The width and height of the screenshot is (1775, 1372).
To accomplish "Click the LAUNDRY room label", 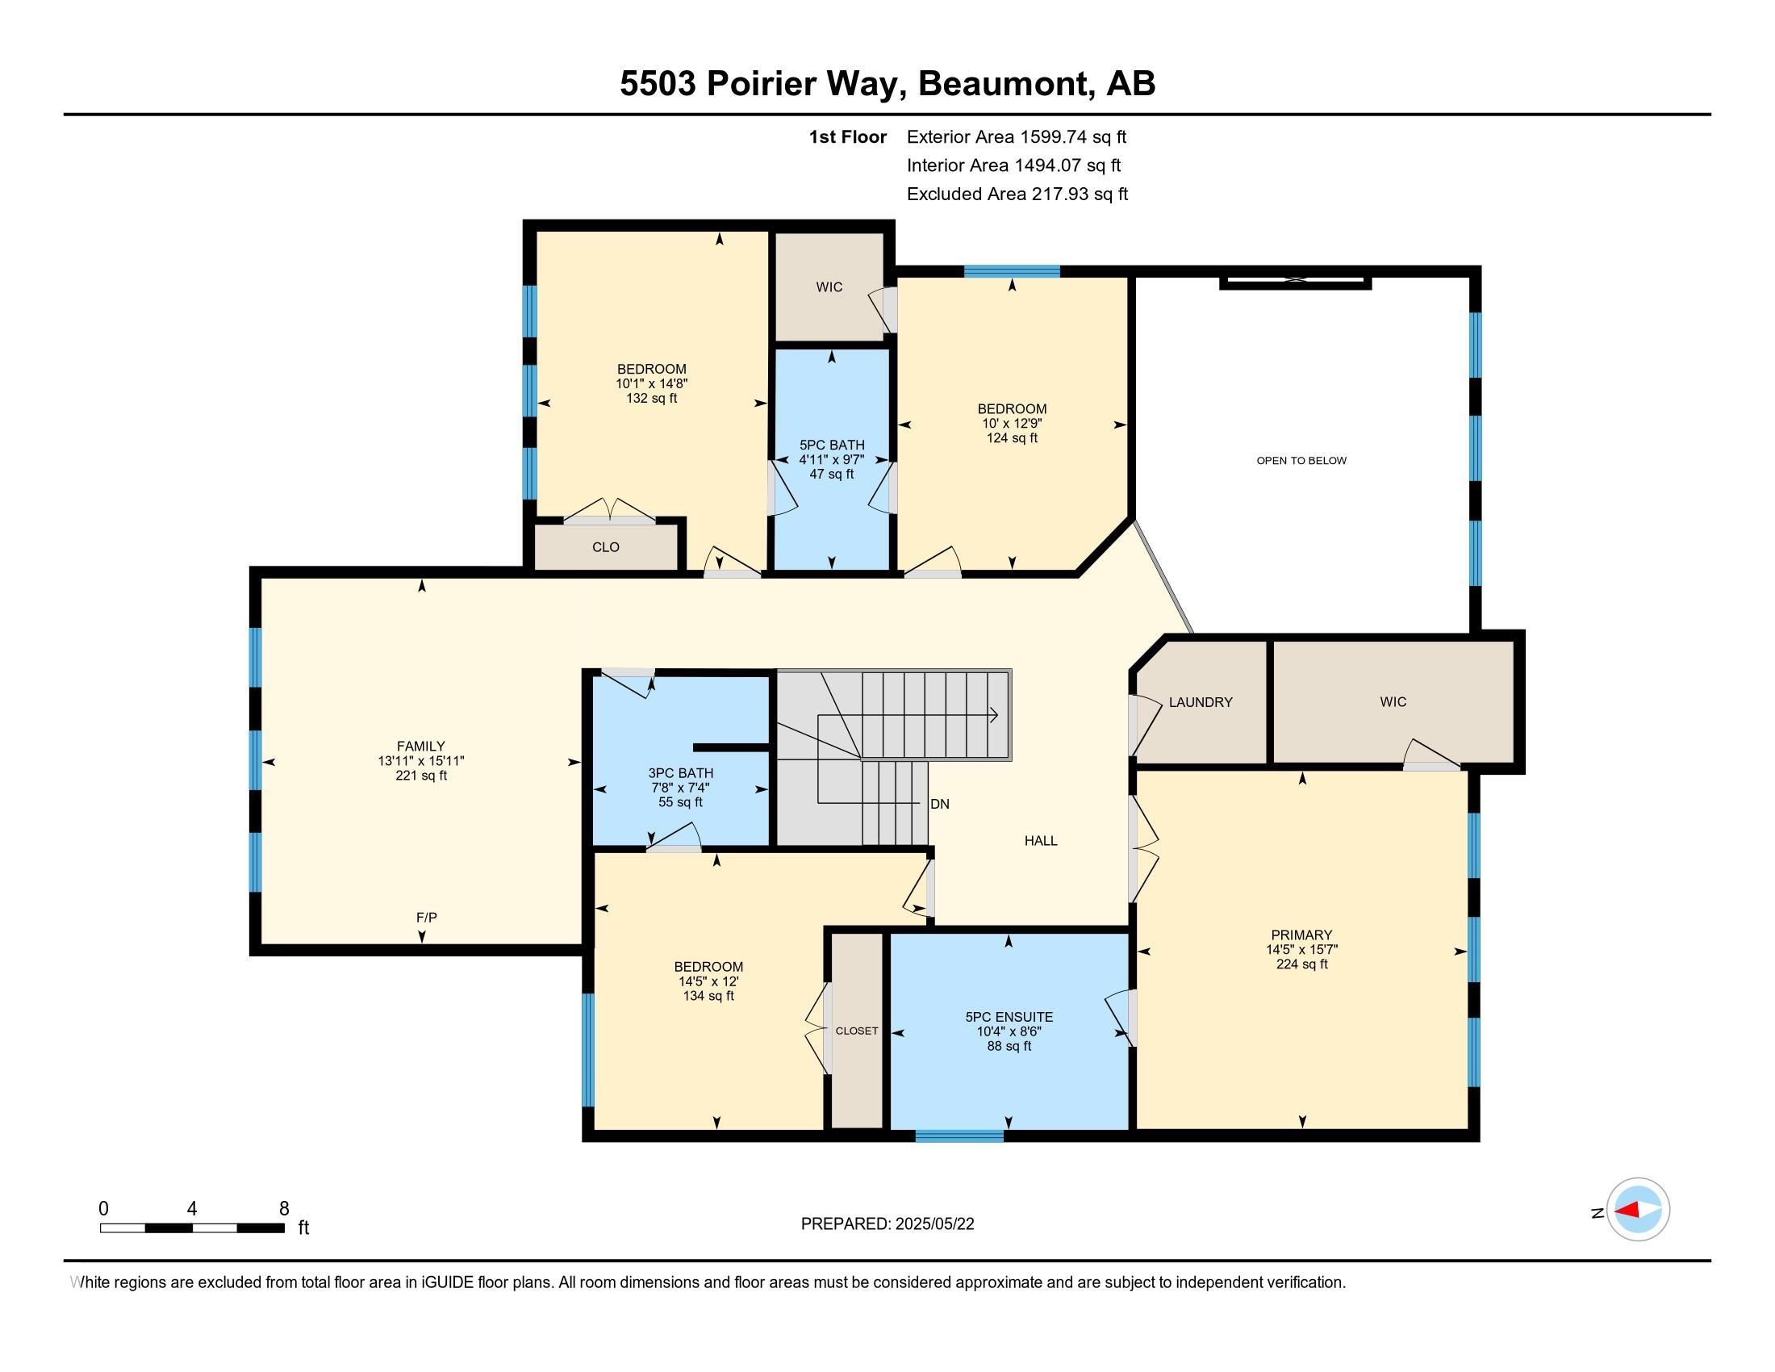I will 1201,702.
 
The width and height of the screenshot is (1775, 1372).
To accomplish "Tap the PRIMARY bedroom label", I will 1301,935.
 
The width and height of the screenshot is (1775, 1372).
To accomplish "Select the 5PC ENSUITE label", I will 1009,1017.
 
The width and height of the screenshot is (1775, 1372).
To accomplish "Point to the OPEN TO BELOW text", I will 1301,461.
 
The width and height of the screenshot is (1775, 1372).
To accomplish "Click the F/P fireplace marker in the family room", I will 427,917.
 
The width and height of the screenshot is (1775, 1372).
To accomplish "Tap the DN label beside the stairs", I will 939,804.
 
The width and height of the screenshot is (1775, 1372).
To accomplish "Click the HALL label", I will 1040,841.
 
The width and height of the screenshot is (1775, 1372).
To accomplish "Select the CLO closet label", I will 605,547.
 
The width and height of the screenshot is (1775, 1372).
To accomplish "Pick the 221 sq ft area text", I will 421,776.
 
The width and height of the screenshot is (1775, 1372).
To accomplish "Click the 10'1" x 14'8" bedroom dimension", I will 652,383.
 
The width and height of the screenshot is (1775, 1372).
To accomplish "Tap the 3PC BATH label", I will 680,773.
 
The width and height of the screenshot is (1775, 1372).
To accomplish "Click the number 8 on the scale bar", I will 284,1209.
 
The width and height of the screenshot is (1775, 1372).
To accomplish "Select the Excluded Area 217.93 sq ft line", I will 1017,195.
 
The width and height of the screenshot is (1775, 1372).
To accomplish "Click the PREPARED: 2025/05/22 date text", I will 887,1224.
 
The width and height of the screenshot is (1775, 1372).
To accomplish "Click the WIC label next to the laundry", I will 1393,702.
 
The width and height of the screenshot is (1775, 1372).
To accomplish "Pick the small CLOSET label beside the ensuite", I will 857,1031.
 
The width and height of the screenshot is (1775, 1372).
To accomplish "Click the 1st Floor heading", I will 847,137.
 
